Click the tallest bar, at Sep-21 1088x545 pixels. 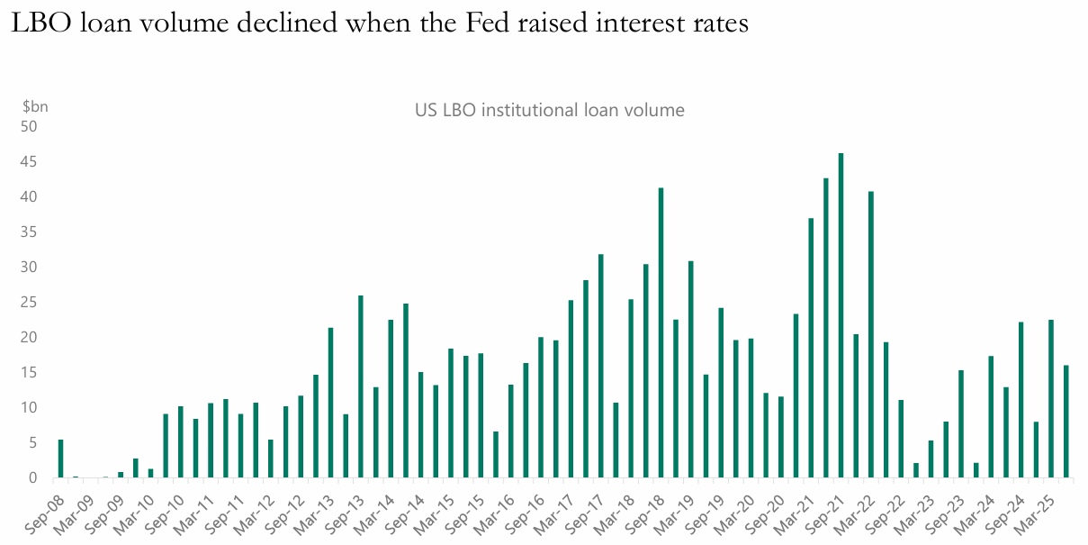[x=841, y=315]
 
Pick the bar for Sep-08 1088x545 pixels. [x=60, y=459]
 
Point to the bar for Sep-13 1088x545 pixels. [x=361, y=386]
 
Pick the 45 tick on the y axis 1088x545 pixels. [x=30, y=162]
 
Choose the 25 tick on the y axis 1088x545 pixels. [x=30, y=303]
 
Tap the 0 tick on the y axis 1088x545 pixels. [x=33, y=478]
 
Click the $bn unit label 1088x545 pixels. [x=35, y=106]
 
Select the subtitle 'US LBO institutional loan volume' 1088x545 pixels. [x=549, y=111]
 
